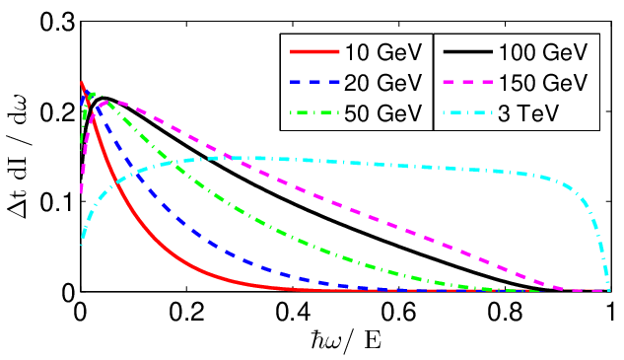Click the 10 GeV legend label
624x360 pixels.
point(382,52)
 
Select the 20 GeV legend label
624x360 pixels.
point(382,83)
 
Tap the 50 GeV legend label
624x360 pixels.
point(382,113)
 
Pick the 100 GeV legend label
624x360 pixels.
point(543,52)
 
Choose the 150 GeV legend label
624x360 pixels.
point(543,83)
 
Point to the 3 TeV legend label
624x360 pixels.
point(528,113)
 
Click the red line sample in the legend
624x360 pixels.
point(314,51)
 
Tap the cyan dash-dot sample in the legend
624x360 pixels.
point(468,113)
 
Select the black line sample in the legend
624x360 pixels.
point(468,51)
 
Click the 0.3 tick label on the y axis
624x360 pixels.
point(58,22)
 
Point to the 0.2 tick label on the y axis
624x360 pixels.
point(58,112)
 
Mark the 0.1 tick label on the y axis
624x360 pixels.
point(58,203)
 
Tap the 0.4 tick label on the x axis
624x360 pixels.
point(293,312)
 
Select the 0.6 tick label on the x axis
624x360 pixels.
point(399,312)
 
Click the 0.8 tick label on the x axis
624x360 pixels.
point(505,312)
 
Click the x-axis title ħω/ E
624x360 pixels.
point(345,342)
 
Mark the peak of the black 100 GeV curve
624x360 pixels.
point(104,98)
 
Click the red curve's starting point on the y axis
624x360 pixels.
point(81,83)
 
